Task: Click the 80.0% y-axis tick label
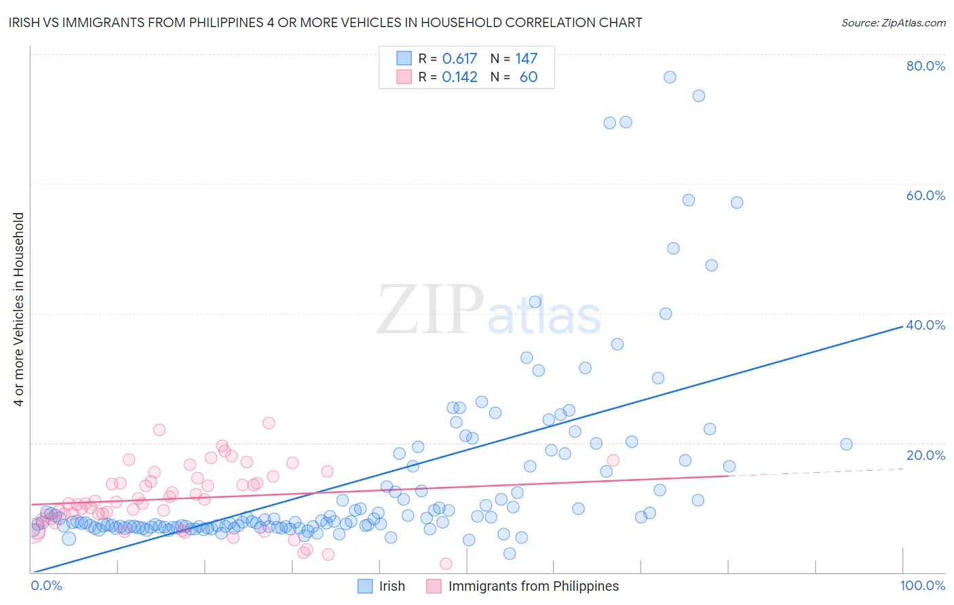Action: (926, 66)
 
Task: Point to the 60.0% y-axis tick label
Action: (926, 195)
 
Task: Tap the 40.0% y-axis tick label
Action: (926, 325)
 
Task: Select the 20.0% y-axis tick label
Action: (926, 455)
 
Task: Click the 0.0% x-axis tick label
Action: (47, 585)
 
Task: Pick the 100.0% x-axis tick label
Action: (923, 585)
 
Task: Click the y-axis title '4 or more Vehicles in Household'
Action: (19, 309)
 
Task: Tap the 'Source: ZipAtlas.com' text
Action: (893, 23)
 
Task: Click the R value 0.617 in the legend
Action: (459, 59)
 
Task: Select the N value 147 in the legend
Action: (526, 59)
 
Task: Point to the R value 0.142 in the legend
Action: (459, 77)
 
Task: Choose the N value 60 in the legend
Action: (528, 77)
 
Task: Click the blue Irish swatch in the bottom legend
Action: (365, 586)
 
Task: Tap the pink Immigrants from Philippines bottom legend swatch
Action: (434, 586)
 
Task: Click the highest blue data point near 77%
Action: (670, 77)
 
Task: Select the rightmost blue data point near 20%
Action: (846, 444)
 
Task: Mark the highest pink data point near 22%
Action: (159, 429)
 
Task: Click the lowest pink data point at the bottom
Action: (446, 564)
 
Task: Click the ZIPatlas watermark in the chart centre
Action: (489, 311)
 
